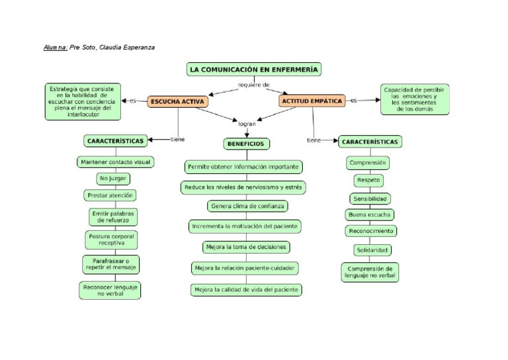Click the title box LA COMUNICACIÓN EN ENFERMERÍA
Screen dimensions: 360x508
[x=254, y=69]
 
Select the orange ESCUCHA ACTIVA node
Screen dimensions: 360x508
[x=177, y=101]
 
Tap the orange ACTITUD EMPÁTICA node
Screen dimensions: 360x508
[x=312, y=101]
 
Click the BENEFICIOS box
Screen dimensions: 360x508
[x=245, y=143]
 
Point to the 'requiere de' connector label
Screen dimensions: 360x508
[x=254, y=85]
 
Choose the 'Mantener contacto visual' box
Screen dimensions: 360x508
[x=115, y=161]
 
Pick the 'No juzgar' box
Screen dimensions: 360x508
[x=113, y=179]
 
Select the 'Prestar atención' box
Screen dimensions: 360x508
[x=110, y=195]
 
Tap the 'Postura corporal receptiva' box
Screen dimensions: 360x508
[x=112, y=239]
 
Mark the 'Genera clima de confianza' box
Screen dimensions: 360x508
[x=247, y=206]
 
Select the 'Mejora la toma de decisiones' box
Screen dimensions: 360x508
[x=246, y=247]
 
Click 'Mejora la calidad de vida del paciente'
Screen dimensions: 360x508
[x=246, y=289]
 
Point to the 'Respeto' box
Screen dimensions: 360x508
[x=368, y=180]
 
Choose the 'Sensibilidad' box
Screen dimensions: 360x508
[x=370, y=199]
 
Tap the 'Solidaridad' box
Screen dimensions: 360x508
[x=371, y=249]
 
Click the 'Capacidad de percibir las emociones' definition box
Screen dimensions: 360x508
[x=415, y=99]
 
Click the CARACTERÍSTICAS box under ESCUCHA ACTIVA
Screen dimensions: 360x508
[x=114, y=141]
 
